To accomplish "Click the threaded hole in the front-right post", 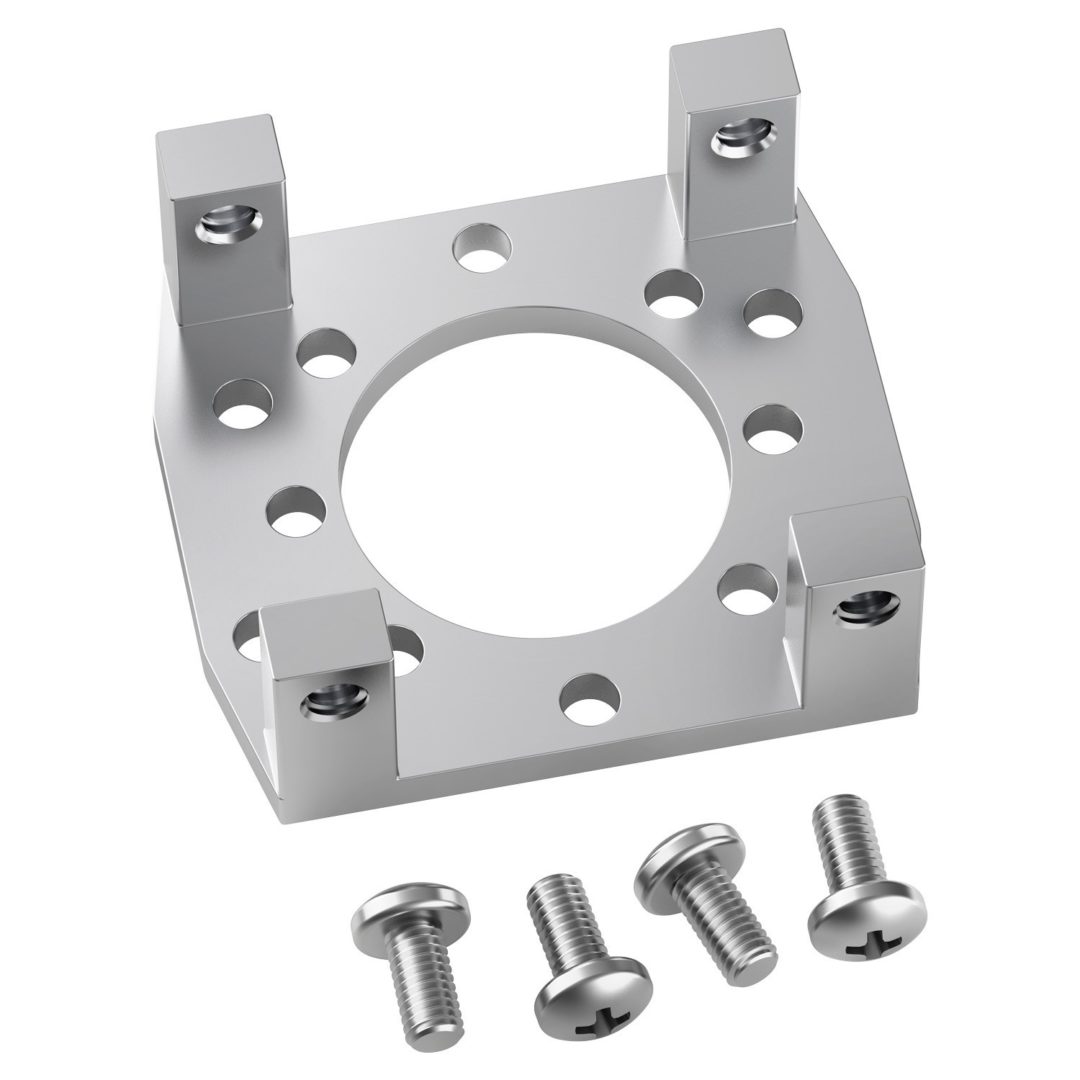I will point(866,606).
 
